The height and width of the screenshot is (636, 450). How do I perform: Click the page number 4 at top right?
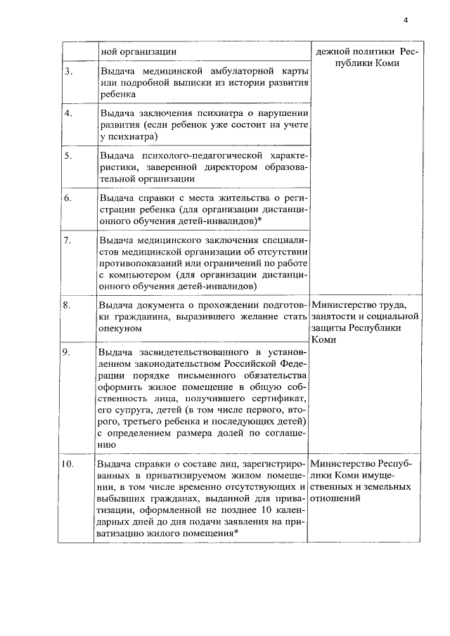pyautogui.click(x=406, y=20)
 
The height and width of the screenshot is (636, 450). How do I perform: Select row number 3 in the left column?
pyautogui.click(x=68, y=72)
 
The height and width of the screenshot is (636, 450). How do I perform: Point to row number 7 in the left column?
pyautogui.click(x=68, y=241)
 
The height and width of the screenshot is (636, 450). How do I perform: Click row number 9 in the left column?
pyautogui.click(x=69, y=351)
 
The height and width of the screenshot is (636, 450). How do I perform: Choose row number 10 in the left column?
pyautogui.click(x=70, y=465)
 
